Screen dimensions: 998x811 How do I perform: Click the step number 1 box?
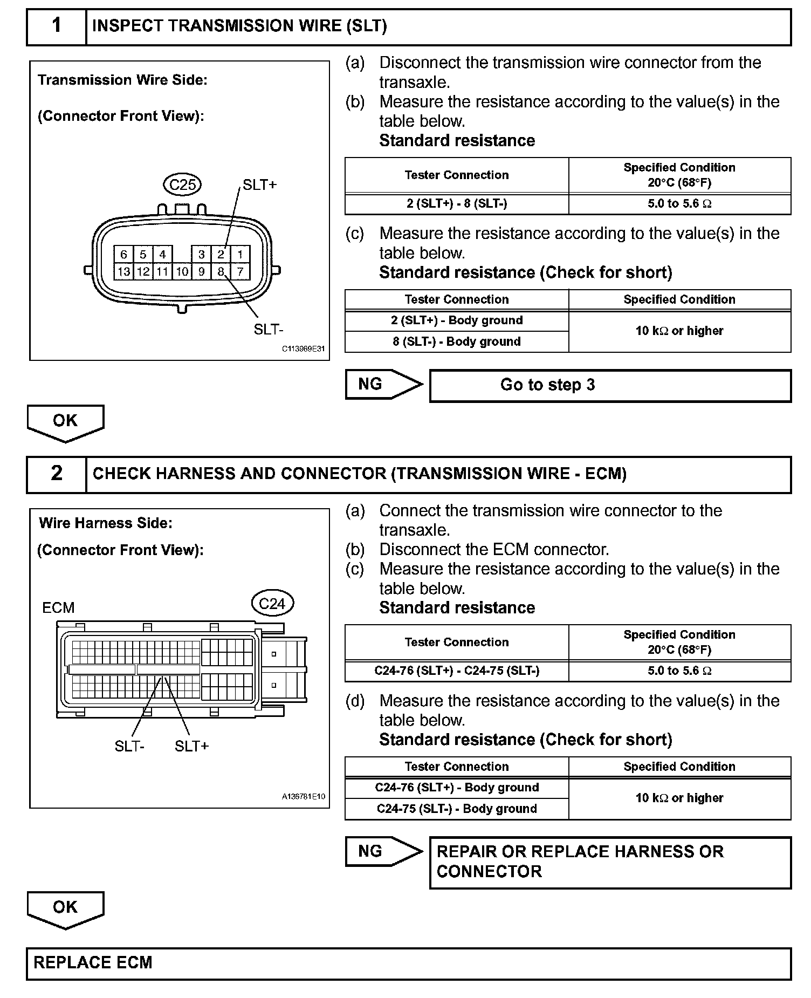coord(56,26)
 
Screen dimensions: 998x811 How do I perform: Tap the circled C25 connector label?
coord(182,185)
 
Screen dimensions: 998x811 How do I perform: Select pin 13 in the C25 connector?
coord(123,271)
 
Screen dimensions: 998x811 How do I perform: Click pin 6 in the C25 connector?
coord(123,255)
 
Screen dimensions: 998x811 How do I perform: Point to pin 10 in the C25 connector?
coord(182,271)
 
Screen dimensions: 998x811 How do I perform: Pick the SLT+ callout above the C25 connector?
coord(259,185)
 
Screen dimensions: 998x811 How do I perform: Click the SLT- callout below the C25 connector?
coord(269,330)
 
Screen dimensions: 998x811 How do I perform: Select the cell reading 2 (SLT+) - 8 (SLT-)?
coord(456,204)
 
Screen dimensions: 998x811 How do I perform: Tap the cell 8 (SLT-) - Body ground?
coord(456,341)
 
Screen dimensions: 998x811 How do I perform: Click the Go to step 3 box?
coord(610,385)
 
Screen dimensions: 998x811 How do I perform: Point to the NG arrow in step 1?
coord(383,384)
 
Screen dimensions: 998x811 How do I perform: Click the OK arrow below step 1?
coord(65,422)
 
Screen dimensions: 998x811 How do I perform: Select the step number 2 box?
coord(56,474)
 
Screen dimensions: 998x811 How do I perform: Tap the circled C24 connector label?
coord(272,604)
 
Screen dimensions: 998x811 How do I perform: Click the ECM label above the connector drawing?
coord(58,608)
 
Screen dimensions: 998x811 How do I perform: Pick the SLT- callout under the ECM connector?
coord(129,747)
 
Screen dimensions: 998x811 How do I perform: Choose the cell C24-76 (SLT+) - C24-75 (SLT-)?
coord(456,671)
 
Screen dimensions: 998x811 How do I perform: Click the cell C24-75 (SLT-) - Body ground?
coord(456,809)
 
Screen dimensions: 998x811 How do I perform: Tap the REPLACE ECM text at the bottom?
coord(93,963)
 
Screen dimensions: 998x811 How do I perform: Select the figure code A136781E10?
coord(304,796)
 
